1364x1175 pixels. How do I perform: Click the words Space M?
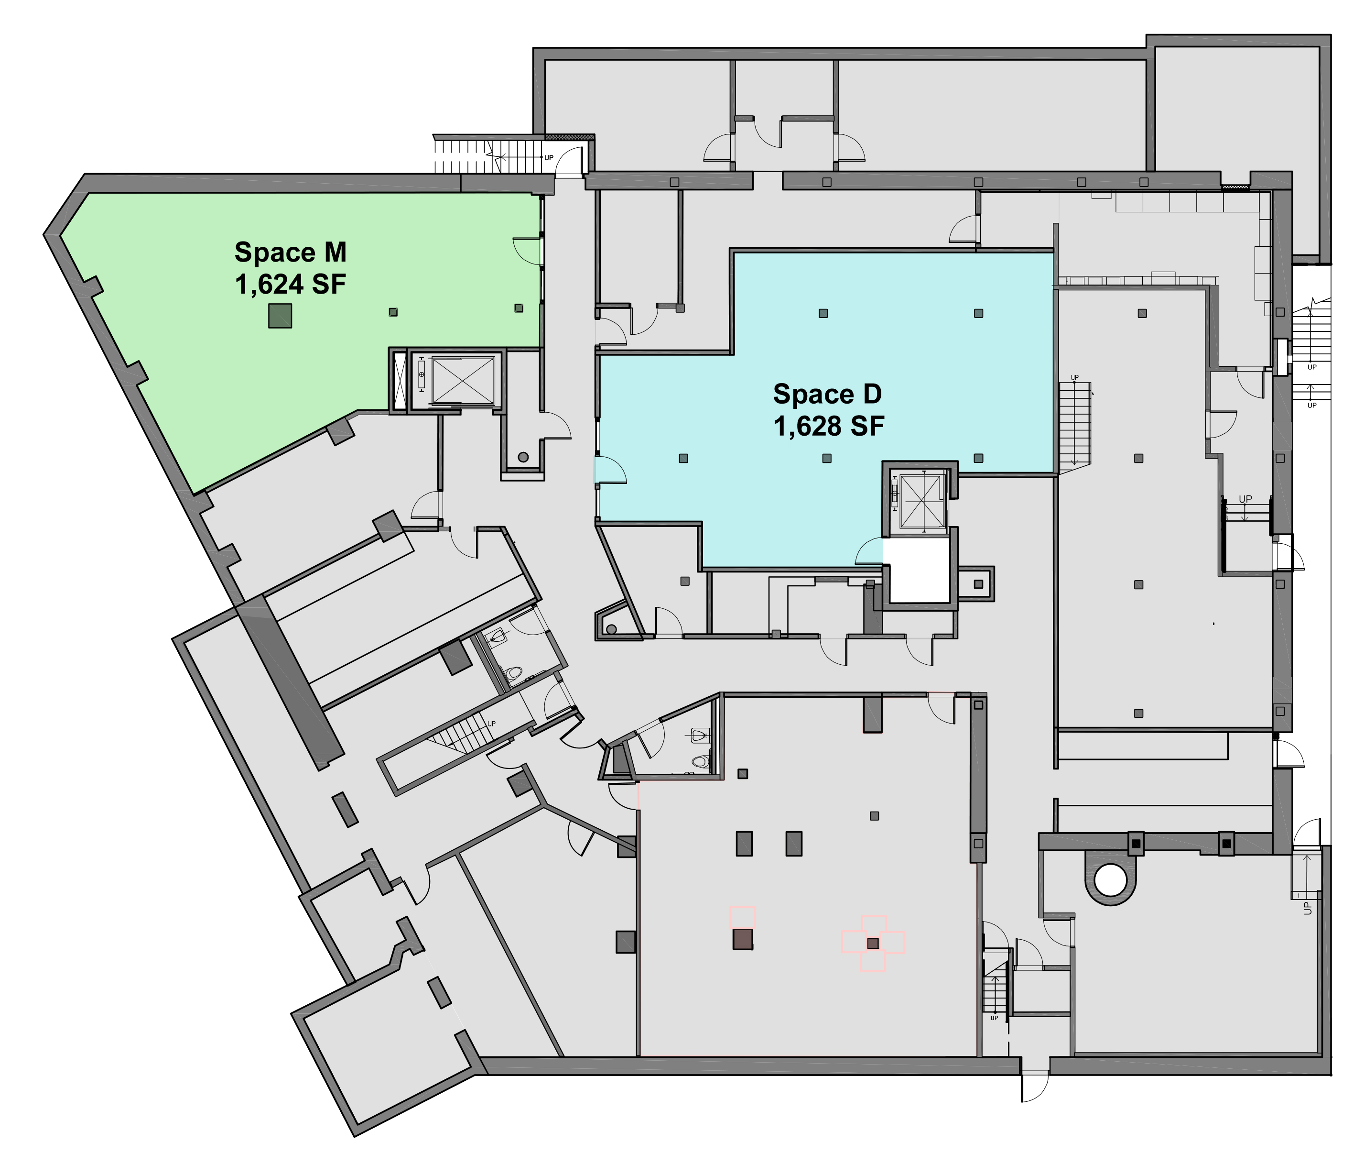tap(290, 252)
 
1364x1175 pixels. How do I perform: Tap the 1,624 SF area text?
tap(290, 285)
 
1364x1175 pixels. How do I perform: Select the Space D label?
tap(827, 394)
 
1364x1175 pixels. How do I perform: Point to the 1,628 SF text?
tap(828, 427)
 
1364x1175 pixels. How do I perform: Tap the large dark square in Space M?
tap(280, 316)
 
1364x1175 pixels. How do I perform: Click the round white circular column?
tap(1111, 880)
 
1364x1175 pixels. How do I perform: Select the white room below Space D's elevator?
tap(919, 571)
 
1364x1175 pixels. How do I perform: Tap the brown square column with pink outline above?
tap(743, 939)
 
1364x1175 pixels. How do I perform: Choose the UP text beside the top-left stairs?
tap(548, 158)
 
